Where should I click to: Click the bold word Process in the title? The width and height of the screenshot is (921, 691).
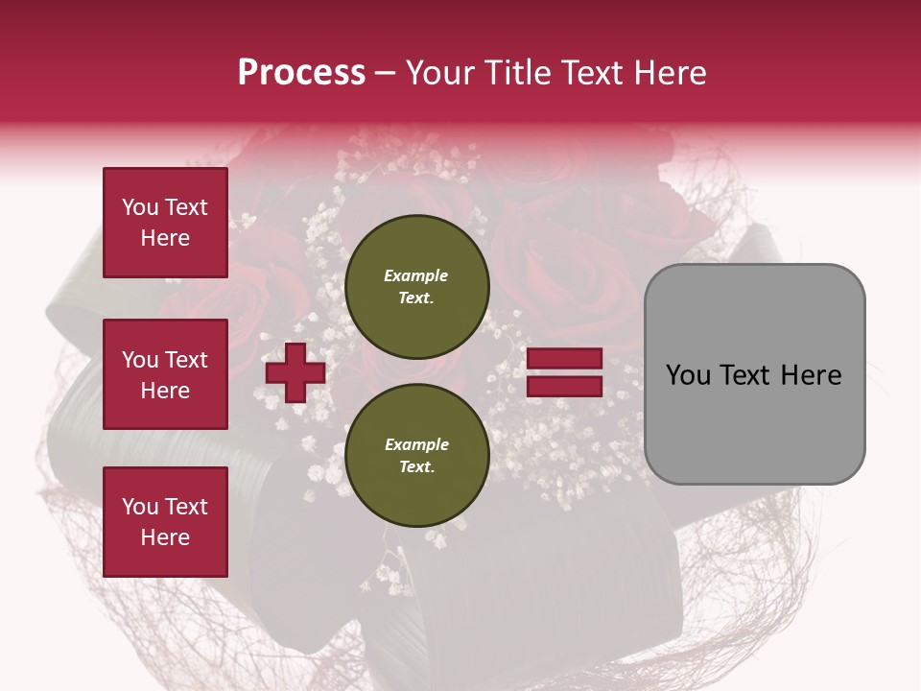click(x=301, y=73)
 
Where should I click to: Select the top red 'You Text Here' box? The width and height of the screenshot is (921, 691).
click(x=165, y=223)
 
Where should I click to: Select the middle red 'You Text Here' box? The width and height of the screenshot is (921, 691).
click(x=165, y=374)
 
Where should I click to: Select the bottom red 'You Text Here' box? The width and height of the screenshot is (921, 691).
click(x=165, y=521)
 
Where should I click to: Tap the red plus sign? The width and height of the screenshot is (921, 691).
click(x=295, y=372)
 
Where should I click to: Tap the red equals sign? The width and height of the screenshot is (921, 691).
click(x=565, y=372)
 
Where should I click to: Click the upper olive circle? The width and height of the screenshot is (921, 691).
click(x=417, y=286)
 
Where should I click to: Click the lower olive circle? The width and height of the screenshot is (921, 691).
click(x=417, y=455)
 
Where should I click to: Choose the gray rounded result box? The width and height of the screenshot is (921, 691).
click(x=754, y=374)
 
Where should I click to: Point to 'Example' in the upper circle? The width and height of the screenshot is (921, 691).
click(x=416, y=275)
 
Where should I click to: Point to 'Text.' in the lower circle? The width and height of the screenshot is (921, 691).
click(x=416, y=466)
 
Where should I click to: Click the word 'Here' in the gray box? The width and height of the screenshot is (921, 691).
click(x=812, y=375)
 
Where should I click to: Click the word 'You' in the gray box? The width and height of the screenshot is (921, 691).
click(x=689, y=375)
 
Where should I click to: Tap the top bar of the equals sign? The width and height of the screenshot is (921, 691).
click(x=565, y=359)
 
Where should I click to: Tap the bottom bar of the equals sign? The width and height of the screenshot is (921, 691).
click(x=565, y=386)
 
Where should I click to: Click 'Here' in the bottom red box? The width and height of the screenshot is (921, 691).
click(x=165, y=537)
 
